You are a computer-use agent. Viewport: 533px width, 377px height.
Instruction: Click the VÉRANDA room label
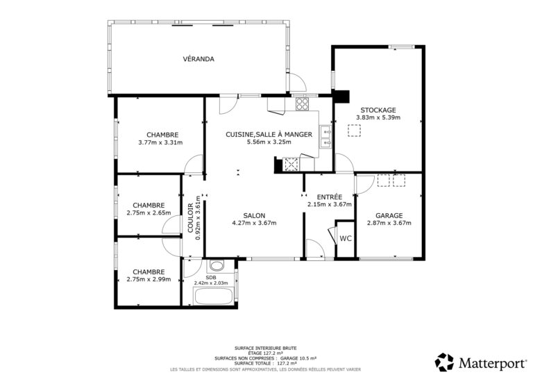pos(198,59)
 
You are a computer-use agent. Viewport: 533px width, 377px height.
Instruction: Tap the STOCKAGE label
pos(378,110)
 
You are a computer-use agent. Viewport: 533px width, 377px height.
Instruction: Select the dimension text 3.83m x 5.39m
pos(378,117)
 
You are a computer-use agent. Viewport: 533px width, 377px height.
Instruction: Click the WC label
pos(346,239)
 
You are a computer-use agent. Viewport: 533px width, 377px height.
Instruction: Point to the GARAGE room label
pos(389,215)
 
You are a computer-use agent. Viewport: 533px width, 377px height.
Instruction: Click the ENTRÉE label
pos(330,196)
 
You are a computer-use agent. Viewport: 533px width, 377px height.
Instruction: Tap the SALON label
pos(254,215)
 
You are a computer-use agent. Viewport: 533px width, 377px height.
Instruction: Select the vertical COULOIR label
pos(190,218)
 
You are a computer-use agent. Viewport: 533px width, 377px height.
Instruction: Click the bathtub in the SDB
pos(213,296)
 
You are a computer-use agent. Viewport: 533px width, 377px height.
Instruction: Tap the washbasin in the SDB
pos(217,265)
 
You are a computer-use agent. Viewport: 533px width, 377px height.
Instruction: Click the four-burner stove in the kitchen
pos(302,104)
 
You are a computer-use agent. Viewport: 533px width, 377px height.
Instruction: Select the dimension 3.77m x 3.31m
pos(160,142)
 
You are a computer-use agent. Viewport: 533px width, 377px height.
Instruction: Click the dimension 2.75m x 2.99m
pos(149,279)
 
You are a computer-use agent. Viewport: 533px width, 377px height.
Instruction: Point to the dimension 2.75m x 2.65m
pos(149,213)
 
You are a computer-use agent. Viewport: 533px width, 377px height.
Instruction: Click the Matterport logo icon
pos(444,362)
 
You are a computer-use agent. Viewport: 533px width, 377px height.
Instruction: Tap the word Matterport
pos(492,363)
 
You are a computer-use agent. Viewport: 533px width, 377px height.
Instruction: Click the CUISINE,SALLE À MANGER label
pos(269,134)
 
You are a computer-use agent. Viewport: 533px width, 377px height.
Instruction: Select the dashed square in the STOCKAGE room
pos(354,131)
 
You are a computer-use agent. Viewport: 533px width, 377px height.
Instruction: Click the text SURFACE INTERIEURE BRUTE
pos(266,348)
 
